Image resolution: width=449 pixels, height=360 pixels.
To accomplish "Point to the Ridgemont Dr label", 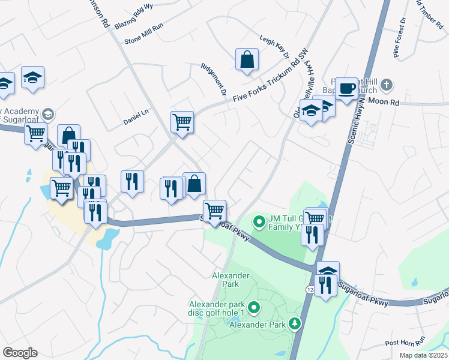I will click(213, 78).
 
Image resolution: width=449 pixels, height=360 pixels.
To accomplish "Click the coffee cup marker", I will click(346, 89).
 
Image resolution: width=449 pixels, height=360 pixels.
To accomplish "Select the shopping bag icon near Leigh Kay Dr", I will click(247, 60).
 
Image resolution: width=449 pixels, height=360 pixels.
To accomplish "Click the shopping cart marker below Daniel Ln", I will click(182, 122).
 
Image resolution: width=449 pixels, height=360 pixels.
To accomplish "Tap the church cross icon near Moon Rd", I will click(387, 85).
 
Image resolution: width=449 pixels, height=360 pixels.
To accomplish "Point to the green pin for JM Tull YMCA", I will click(259, 222).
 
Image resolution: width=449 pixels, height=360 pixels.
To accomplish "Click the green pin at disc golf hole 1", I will click(254, 308).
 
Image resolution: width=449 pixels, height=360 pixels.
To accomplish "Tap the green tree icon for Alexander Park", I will click(295, 324).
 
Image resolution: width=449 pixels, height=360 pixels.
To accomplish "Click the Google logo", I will click(20, 353).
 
